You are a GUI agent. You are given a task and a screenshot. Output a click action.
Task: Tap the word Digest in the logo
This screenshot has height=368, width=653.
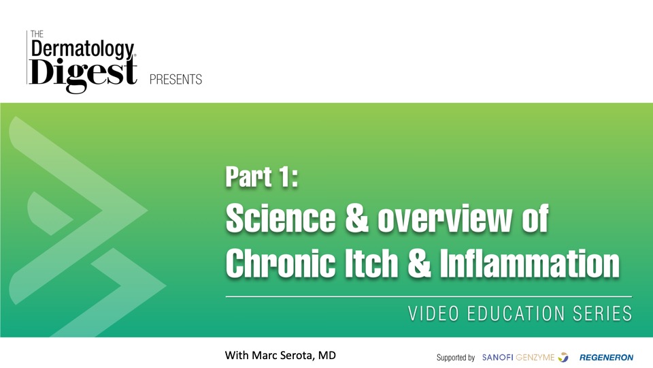(x=82, y=74)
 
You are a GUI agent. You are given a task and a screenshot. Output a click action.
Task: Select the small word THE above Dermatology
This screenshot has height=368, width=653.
(x=37, y=34)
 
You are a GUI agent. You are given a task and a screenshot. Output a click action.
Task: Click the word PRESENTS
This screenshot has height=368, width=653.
(x=175, y=79)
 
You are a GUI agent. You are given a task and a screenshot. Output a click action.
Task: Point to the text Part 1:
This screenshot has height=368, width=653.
(x=262, y=177)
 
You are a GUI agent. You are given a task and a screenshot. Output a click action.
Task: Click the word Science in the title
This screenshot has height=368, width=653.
(x=280, y=218)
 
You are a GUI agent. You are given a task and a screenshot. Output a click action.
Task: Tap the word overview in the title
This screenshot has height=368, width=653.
(x=444, y=219)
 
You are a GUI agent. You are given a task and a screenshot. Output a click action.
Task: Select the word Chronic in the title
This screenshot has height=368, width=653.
(x=280, y=263)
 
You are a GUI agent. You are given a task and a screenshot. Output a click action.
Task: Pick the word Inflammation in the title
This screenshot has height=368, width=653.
(x=530, y=263)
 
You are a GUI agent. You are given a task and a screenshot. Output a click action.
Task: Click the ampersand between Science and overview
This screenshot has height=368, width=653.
(x=356, y=218)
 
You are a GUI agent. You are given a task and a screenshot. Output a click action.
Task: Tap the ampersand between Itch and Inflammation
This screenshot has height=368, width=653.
(x=419, y=263)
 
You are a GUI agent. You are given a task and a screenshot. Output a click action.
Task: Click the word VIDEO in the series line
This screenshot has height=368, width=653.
(x=433, y=313)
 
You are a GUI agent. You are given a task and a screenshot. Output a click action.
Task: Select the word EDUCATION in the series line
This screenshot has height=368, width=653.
(x=516, y=313)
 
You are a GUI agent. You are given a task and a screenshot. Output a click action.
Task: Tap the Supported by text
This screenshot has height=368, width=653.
(x=456, y=358)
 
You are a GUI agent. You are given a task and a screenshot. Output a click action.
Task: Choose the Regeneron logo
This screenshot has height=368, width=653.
(x=606, y=358)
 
